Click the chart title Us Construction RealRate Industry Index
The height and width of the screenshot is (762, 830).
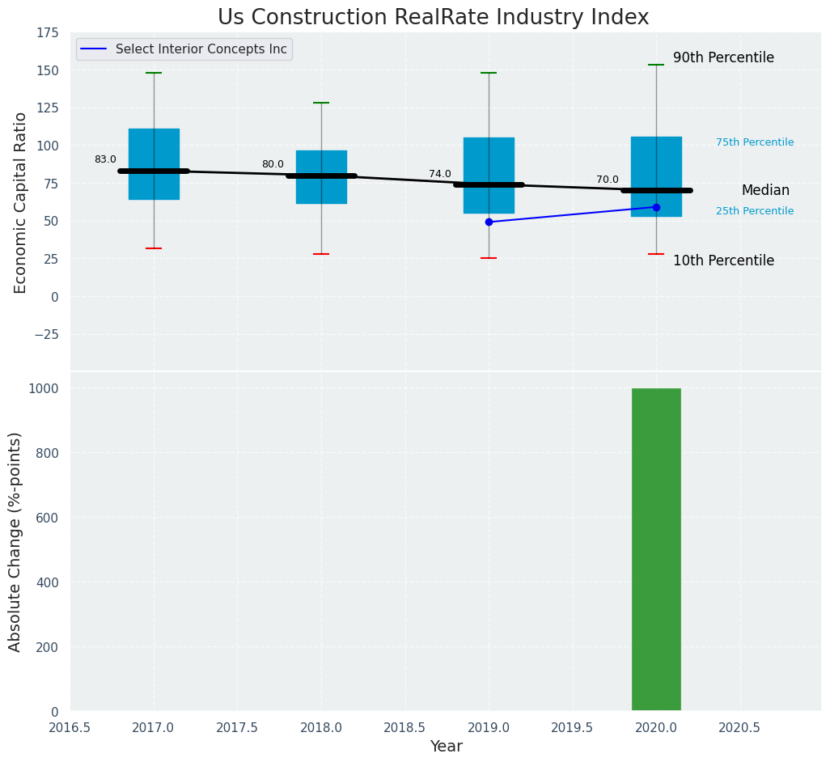(433, 18)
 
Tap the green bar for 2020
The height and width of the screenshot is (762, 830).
(656, 549)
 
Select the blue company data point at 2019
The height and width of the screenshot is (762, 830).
(489, 222)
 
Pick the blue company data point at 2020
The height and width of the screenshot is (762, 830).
(656, 207)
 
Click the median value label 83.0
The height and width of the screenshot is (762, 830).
(105, 160)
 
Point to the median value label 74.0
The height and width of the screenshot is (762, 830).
(440, 174)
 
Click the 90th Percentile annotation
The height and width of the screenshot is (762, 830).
(723, 58)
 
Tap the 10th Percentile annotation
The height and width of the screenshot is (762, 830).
(723, 261)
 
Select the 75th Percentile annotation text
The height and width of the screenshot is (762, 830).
(755, 142)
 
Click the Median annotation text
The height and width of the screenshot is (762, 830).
(765, 191)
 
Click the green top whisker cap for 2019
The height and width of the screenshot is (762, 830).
(489, 73)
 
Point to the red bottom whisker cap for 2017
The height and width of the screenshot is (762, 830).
(154, 248)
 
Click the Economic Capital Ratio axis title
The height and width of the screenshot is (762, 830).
(21, 202)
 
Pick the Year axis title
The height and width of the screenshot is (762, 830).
(446, 747)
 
